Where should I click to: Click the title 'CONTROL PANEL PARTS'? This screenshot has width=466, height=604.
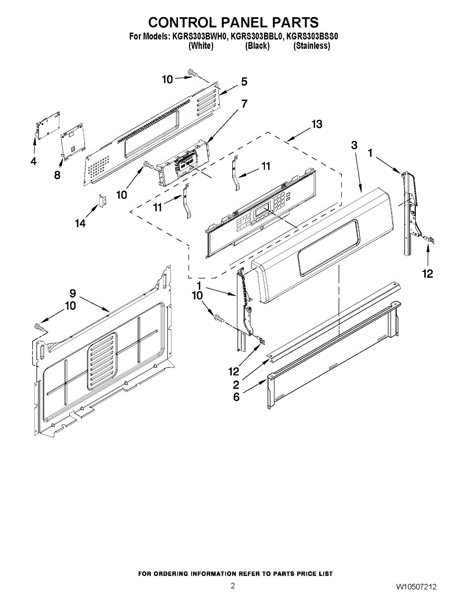[233, 23]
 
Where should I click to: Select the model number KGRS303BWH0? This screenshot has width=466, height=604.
[200, 36]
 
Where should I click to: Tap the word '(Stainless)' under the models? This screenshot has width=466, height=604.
[312, 46]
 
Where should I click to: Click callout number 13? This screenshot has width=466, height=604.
[317, 124]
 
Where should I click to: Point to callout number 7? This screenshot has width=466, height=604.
[244, 104]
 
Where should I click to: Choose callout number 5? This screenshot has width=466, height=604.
[244, 82]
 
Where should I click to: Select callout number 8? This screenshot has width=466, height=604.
[57, 175]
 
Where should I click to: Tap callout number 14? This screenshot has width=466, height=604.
[80, 223]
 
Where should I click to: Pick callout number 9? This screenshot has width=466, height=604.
[72, 293]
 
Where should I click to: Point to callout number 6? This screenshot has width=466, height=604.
[236, 397]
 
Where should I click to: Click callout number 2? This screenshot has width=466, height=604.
[235, 385]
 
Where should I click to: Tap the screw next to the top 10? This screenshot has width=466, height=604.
[192, 74]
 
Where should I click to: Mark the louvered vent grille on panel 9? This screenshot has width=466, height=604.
[102, 360]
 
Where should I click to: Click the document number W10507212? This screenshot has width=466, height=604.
[416, 587]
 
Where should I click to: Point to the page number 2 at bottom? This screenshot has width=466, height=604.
[233, 585]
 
